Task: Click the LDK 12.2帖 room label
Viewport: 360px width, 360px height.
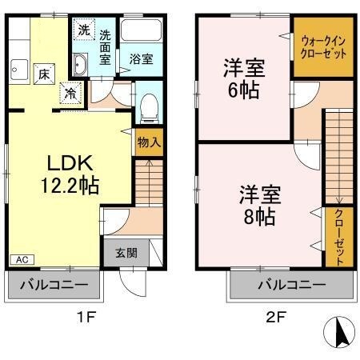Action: (x=70, y=174)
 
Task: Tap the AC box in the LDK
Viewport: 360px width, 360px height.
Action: (x=22, y=259)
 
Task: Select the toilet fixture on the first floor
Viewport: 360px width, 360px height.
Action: (x=149, y=108)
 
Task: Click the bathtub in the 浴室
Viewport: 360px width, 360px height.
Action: (x=141, y=30)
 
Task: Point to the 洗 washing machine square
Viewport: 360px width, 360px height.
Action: (x=84, y=30)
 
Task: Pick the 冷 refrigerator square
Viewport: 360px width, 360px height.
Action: (x=70, y=93)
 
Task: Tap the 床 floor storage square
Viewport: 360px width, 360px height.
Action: (x=44, y=74)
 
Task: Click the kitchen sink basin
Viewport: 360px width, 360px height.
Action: (x=19, y=70)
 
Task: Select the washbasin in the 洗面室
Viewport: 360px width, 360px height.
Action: (x=80, y=64)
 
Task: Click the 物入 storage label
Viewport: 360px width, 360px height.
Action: (x=149, y=142)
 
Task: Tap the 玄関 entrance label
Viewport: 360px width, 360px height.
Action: (x=126, y=253)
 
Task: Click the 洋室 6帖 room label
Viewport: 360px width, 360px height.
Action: (x=244, y=79)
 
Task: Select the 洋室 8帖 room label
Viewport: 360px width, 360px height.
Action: (x=260, y=206)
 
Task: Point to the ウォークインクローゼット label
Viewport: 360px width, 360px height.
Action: (x=323, y=47)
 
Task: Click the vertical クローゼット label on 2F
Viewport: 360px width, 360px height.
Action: (x=339, y=237)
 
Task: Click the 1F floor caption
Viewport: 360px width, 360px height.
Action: (x=86, y=318)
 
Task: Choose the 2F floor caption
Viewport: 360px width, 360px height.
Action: (x=276, y=318)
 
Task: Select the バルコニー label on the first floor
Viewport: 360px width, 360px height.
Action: (x=54, y=285)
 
